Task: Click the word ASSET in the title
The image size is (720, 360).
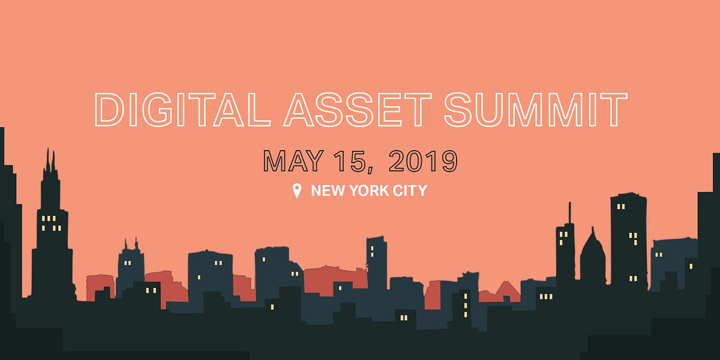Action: pyautogui.click(x=358, y=110)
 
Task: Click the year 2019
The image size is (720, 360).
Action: pyautogui.click(x=423, y=161)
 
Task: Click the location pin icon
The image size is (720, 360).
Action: pyautogui.click(x=296, y=191)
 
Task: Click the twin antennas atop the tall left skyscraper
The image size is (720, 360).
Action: pyautogui.click(x=51, y=161)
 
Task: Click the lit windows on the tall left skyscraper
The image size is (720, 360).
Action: pyautogui.click(x=51, y=223)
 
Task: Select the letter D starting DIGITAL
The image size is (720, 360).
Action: pyautogui.click(x=108, y=110)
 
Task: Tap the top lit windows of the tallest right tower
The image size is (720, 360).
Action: pyautogui.click(x=621, y=207)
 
